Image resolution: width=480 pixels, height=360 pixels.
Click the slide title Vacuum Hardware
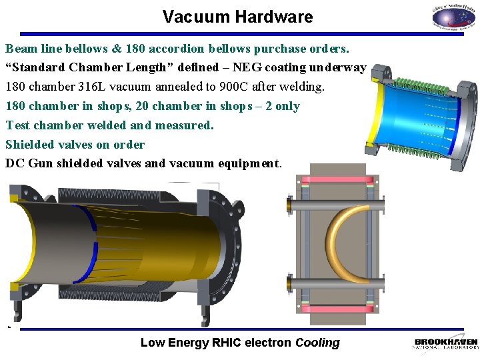[x=237, y=17]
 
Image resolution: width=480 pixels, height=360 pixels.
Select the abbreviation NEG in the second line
[x=247, y=67]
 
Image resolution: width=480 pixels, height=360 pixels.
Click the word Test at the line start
[x=17, y=125]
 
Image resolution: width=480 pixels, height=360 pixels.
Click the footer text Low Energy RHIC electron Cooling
[x=240, y=343]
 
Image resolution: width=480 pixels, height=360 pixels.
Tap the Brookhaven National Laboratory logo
[x=445, y=343]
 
